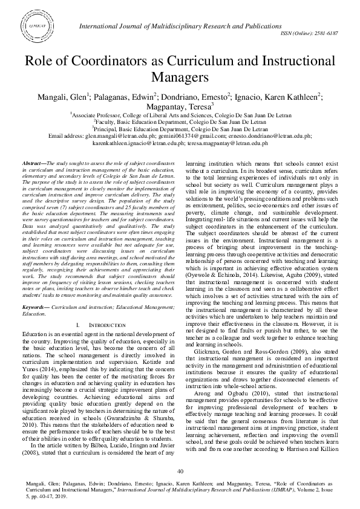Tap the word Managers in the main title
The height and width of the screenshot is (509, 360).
pos(179,77)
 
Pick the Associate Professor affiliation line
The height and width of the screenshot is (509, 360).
pos(180,115)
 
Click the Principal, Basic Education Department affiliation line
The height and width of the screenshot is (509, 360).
pos(180,129)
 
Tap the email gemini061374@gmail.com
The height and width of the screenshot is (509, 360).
pos(174,137)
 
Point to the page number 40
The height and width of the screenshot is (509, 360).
pos(180,472)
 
